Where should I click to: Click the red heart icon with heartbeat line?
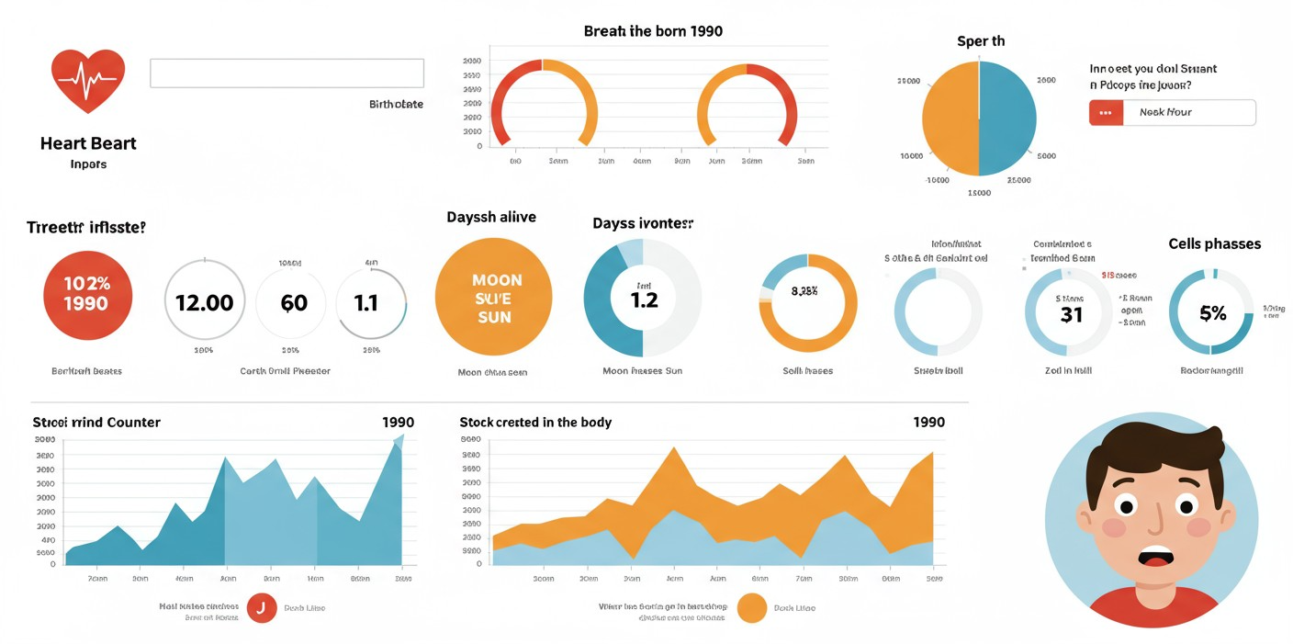[x=88, y=80]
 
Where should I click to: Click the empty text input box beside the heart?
[x=287, y=73]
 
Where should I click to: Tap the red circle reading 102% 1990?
[x=87, y=295]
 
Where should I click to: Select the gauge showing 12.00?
[x=204, y=301]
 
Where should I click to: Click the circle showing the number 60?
[x=293, y=301]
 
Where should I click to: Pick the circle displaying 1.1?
[x=366, y=301]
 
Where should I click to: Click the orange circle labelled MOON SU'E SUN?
[x=493, y=297]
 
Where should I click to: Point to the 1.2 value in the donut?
[x=645, y=299]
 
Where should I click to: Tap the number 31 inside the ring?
[x=1071, y=314]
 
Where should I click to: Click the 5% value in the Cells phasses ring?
[x=1212, y=313]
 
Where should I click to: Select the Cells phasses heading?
[x=1214, y=244]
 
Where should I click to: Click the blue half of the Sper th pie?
[x=1008, y=118]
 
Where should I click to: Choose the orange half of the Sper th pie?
[x=950, y=118]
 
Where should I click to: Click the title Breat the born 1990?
[x=653, y=31]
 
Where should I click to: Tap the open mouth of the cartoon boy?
[x=1154, y=557]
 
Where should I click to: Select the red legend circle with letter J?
[x=262, y=608]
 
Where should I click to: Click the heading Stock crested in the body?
[x=535, y=423]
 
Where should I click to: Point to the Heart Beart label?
[x=88, y=143]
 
